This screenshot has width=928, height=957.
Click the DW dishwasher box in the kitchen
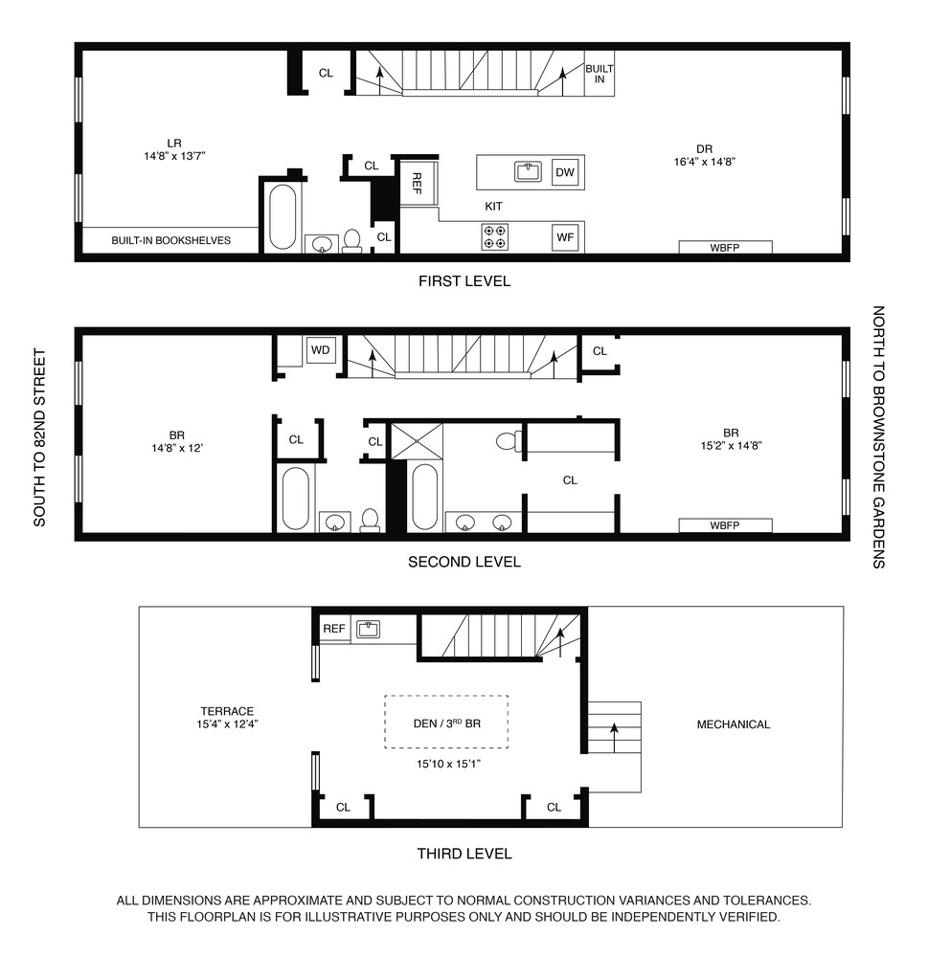click(565, 172)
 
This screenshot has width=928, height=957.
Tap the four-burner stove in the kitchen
click(494, 236)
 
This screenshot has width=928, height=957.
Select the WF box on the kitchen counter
click(565, 236)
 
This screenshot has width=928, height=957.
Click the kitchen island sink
click(528, 172)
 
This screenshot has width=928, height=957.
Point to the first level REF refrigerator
click(419, 182)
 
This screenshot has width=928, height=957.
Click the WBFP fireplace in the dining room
click(725, 247)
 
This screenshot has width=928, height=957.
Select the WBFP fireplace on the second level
click(725, 525)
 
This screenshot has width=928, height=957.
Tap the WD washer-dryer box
click(320, 350)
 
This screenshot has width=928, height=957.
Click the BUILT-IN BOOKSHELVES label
click(170, 241)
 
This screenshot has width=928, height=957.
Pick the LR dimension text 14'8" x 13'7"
click(173, 155)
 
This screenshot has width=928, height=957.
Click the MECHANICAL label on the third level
click(733, 724)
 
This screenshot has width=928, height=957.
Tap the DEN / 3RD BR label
click(446, 724)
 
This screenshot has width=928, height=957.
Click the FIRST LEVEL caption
click(464, 281)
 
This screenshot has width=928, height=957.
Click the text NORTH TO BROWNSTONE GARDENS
click(877, 437)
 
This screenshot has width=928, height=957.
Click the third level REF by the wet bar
click(333, 629)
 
